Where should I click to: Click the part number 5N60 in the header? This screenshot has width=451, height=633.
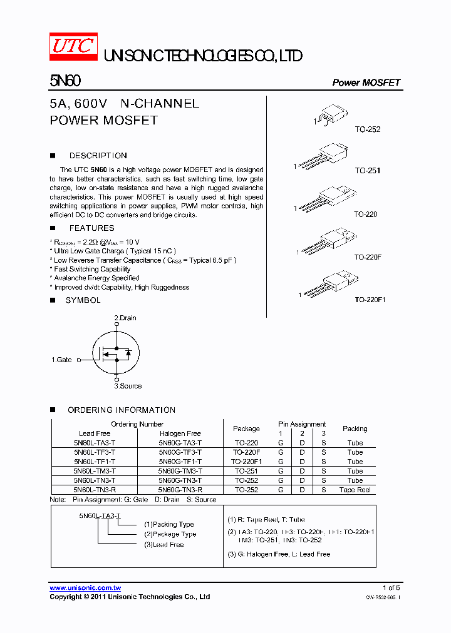(x=65, y=81)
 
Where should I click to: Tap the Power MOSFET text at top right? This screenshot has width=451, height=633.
(x=366, y=83)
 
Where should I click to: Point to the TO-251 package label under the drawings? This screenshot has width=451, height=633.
(x=368, y=171)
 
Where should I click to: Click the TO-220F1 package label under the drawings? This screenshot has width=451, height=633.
(x=370, y=300)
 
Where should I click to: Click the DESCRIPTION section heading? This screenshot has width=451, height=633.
(x=98, y=156)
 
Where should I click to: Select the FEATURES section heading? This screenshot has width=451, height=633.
(x=91, y=228)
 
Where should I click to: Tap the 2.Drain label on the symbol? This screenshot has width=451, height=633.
(x=125, y=318)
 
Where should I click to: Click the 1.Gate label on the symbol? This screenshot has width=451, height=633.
(x=61, y=360)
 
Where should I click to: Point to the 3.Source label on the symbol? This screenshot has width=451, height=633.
(x=128, y=386)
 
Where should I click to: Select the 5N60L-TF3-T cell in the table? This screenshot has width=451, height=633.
(x=95, y=452)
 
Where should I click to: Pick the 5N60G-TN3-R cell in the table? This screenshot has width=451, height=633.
(x=180, y=490)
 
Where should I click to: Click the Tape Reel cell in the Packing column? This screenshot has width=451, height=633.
(x=355, y=490)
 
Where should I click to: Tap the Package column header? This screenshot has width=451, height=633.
(x=246, y=429)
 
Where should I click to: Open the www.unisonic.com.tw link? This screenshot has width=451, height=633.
(x=85, y=588)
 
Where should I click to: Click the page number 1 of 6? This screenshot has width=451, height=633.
(x=391, y=587)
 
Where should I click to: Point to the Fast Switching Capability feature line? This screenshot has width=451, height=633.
(x=92, y=269)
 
